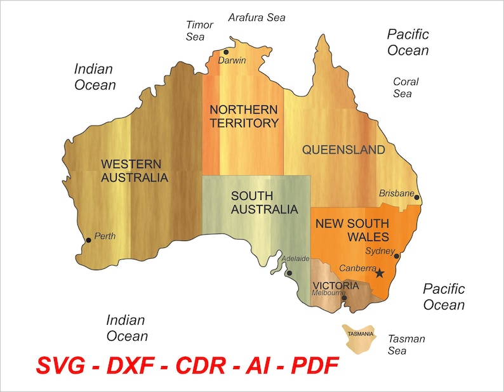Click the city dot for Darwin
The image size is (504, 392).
coord(225,52)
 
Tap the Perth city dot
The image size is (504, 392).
coord(88,240)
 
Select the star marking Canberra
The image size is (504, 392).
coord(380,273)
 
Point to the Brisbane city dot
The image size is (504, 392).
coord(417,197)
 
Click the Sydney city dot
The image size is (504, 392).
coord(397,256)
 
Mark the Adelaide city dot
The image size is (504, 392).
coord(289,273)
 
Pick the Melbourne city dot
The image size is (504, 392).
coord(344,297)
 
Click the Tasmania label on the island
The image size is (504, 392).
coord(360,334)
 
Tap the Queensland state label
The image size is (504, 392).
coord(343,150)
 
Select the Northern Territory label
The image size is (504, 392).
coord(244,116)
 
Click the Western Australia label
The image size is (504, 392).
coord(135,171)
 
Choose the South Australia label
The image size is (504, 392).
coord(264,202)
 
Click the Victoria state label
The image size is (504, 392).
coord(336,286)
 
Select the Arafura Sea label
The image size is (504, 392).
coord(257,17)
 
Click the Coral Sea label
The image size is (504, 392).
coord(405,88)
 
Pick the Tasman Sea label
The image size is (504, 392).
coord(406,344)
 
